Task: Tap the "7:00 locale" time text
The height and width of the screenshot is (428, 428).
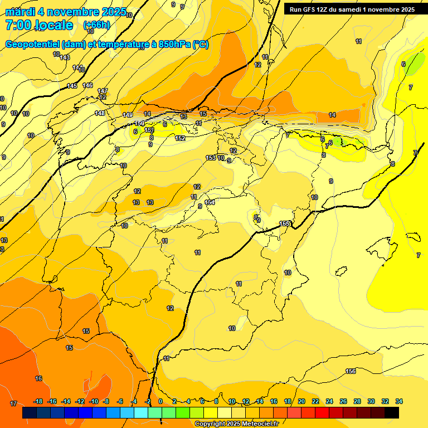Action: click(x=38, y=25)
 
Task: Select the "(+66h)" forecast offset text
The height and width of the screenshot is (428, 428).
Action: click(x=96, y=25)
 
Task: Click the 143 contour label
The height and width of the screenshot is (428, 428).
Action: click(x=65, y=57)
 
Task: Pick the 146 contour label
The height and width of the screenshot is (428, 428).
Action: click(x=87, y=85)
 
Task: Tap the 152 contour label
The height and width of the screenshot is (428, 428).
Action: click(x=180, y=138)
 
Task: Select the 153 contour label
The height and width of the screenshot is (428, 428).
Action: click(x=211, y=158)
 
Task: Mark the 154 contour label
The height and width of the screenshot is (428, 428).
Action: click(x=210, y=202)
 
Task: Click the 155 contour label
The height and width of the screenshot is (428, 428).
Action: click(x=284, y=223)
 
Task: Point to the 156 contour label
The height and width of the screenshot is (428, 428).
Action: click(x=351, y=371)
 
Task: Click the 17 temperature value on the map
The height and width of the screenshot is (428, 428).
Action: click(x=13, y=403)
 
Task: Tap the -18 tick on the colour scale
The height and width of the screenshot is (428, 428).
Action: click(x=38, y=401)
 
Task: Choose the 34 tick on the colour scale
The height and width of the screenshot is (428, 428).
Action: click(x=399, y=401)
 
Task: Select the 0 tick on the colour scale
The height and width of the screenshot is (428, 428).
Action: click(x=160, y=401)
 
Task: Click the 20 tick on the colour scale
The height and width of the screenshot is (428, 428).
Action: click(x=301, y=401)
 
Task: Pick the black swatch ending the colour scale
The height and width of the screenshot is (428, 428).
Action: click(x=392, y=412)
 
